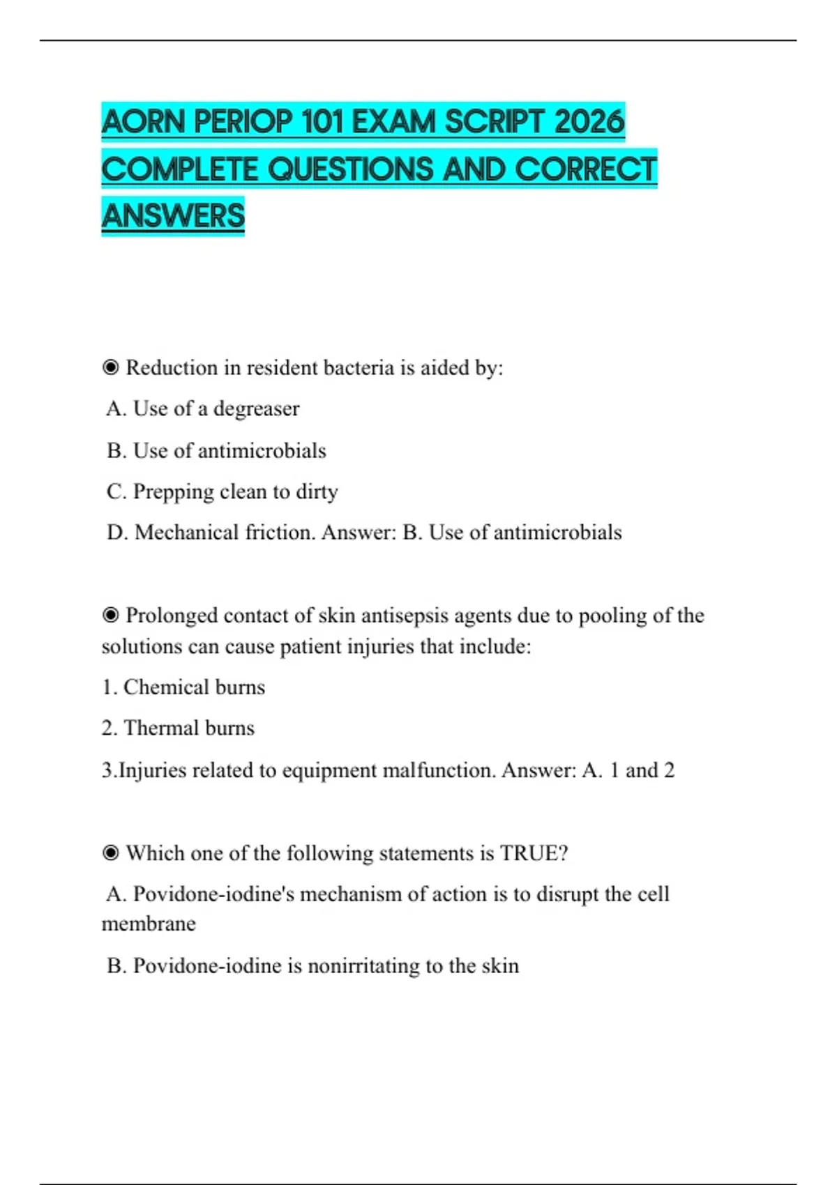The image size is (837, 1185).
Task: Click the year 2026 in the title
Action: click(x=589, y=122)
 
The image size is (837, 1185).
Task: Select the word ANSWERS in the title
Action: click(x=173, y=215)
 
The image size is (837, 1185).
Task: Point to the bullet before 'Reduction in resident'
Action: click(x=110, y=367)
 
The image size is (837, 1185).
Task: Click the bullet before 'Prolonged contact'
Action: click(x=110, y=616)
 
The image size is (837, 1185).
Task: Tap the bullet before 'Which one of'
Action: click(x=110, y=853)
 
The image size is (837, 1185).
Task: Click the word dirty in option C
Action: click(x=317, y=491)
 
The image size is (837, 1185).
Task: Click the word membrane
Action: click(x=149, y=924)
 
